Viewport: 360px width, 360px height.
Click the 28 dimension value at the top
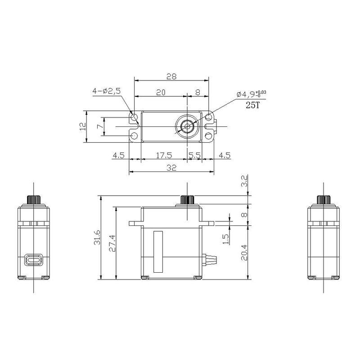pyautogui.click(x=171, y=76)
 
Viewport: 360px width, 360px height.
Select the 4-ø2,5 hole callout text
pyautogui.click(x=106, y=91)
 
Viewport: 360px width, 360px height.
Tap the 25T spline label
pyautogui.click(x=253, y=105)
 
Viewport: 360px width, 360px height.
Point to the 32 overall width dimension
pyautogui.click(x=171, y=167)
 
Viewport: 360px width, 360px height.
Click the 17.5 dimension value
pyautogui.click(x=164, y=155)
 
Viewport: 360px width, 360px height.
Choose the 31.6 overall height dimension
pyautogui.click(x=97, y=237)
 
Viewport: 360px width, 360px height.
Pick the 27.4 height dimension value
pyautogui.click(x=112, y=243)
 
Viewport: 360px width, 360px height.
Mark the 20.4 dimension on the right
pyautogui.click(x=244, y=252)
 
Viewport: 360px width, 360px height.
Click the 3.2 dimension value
pyautogui.click(x=244, y=181)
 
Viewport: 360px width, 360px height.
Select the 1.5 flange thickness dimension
pyautogui.click(x=226, y=239)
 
